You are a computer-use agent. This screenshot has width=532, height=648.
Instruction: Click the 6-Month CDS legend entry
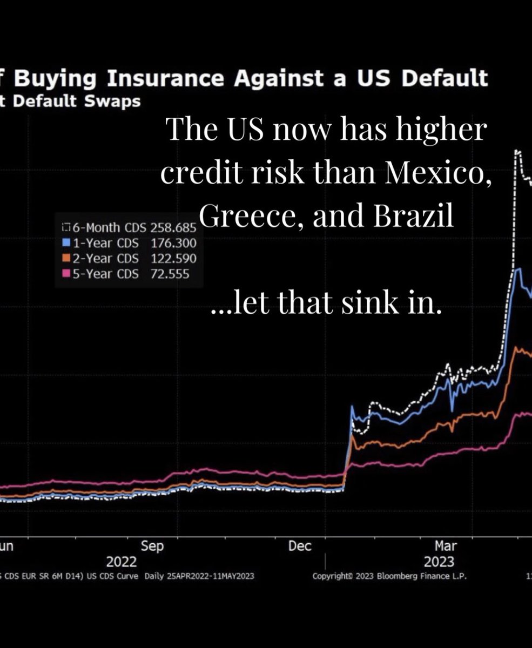100,227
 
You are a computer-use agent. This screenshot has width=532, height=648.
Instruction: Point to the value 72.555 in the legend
170,274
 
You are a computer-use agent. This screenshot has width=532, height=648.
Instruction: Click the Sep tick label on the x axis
152,546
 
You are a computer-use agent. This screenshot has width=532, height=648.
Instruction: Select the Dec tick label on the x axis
300,546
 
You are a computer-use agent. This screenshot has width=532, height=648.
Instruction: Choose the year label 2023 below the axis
439,561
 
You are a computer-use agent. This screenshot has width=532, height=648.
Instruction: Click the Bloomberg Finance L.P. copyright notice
389,576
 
